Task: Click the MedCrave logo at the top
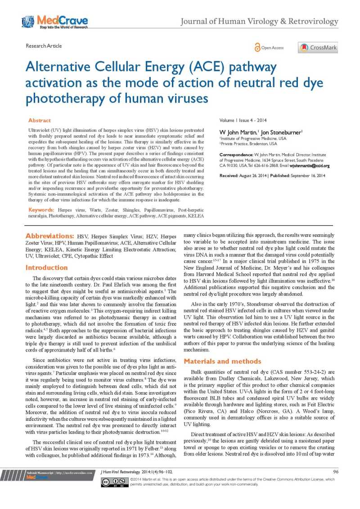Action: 54,21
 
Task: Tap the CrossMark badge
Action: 318,48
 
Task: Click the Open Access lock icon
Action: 257,47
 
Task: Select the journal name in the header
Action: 259,21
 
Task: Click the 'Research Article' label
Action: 44,46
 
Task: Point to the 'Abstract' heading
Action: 40,121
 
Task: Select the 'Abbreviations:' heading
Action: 50,236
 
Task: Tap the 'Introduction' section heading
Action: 46,268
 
